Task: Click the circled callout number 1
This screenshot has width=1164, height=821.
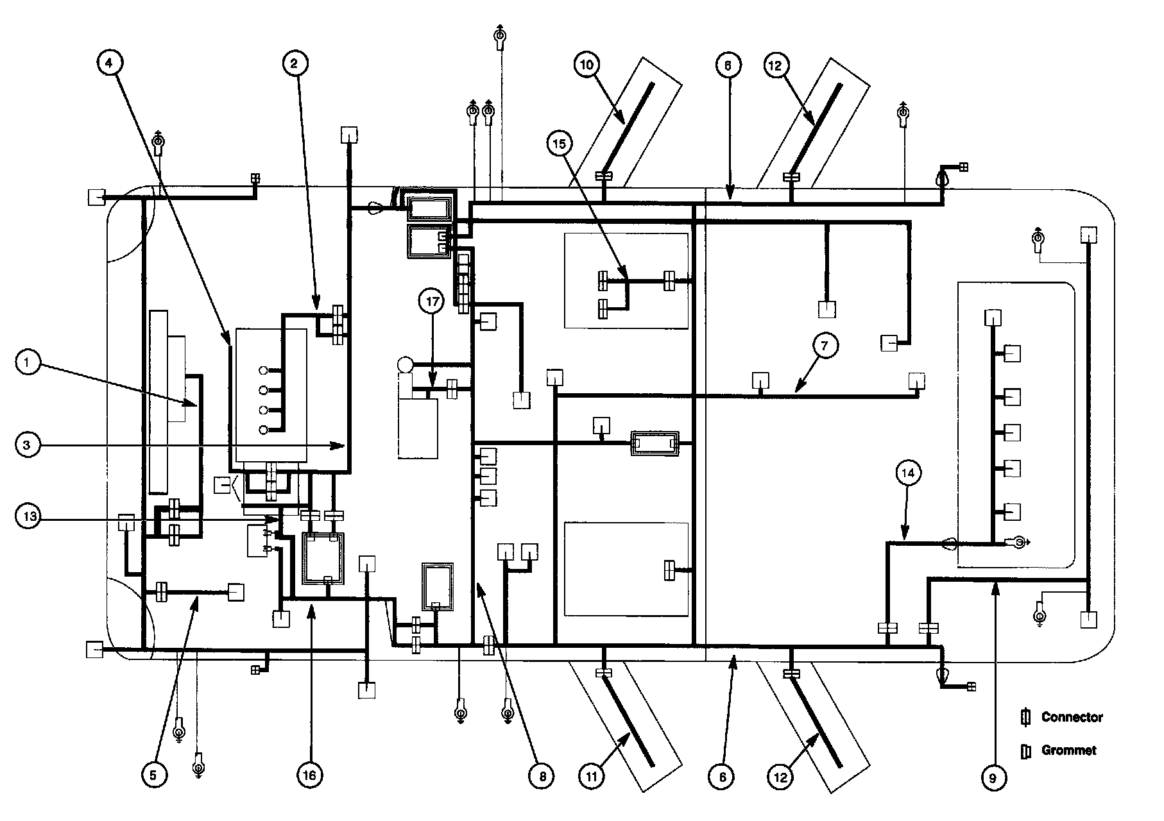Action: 27,363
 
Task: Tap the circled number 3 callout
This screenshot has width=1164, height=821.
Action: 27,446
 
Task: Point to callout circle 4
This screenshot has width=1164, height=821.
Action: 109,63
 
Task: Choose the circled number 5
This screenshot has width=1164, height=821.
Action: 153,775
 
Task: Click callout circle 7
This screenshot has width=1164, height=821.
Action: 824,346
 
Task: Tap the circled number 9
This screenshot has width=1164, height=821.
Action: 993,778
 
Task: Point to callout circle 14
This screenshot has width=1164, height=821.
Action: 907,474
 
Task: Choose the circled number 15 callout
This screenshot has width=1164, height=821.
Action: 560,144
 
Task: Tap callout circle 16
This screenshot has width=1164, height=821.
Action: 310,775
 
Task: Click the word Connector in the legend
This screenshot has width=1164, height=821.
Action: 1072,717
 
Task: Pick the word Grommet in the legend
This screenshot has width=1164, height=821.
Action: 1068,750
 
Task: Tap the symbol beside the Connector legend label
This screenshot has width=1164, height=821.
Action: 1025,717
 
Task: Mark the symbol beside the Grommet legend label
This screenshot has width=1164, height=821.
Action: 1025,750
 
